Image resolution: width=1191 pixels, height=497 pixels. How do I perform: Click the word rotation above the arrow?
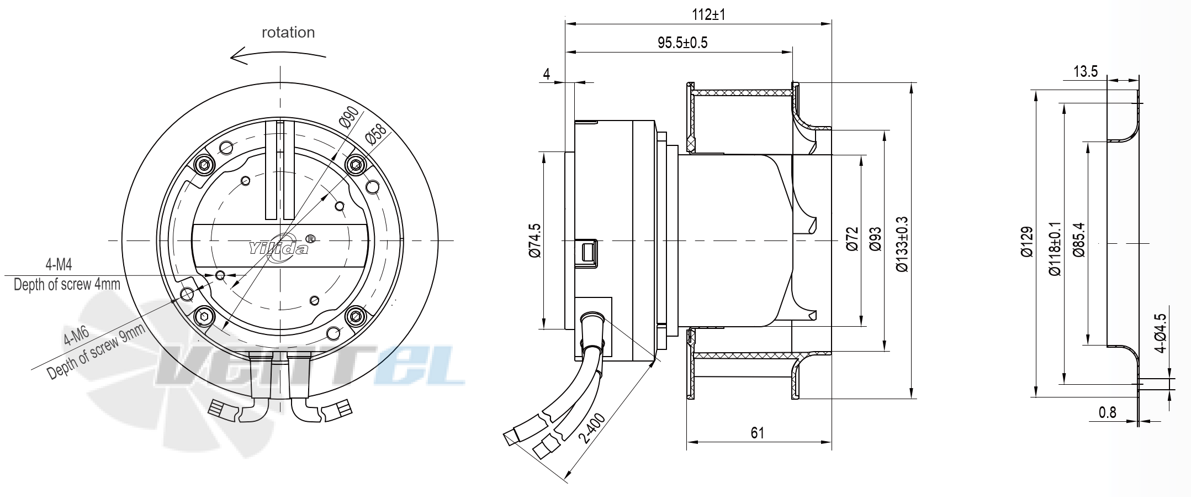tap(288, 33)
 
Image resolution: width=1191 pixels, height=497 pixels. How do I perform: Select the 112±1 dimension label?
tap(708, 14)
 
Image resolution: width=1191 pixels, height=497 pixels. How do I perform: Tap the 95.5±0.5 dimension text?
tap(682, 43)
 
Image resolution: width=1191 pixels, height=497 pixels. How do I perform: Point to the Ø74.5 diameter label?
tap(535, 240)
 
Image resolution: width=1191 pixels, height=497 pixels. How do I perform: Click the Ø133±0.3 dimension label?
tap(902, 244)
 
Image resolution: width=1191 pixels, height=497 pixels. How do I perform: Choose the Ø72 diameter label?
tap(853, 239)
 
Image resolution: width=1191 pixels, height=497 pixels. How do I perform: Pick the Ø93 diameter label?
tap(876, 239)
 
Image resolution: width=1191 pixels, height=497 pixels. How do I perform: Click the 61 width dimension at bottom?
tap(758, 433)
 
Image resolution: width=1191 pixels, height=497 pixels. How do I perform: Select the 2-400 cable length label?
tap(592, 428)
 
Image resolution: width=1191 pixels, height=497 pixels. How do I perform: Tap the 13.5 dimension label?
tap(1086, 71)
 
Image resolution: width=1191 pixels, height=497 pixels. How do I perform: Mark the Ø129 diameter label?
tap(1026, 242)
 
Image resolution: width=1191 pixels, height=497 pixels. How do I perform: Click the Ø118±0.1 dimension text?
tap(1055, 249)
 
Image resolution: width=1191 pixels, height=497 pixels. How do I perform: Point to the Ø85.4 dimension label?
tap(1079, 240)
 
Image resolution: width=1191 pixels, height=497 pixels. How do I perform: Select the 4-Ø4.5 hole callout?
tap(1161, 333)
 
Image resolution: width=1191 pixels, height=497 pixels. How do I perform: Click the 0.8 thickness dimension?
tap(1107, 412)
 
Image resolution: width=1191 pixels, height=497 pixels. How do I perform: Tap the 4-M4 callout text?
tap(59, 264)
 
